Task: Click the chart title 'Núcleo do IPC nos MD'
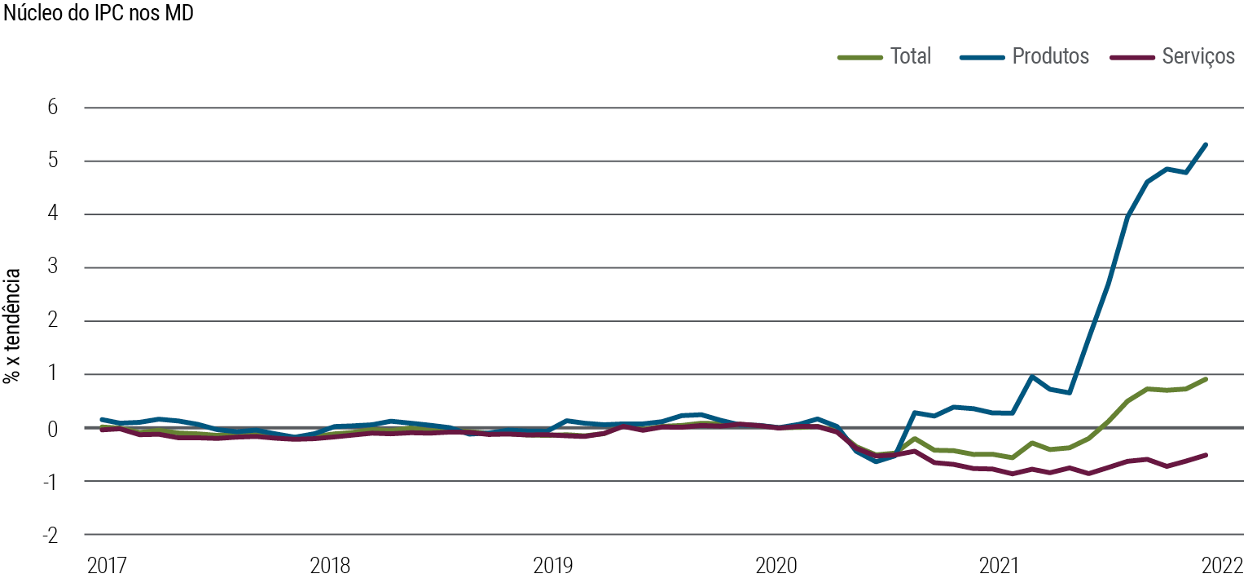click(x=99, y=14)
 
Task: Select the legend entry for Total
click(x=910, y=56)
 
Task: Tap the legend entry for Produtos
click(x=1050, y=56)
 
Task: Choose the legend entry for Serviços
click(x=1198, y=56)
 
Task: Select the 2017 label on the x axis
click(x=107, y=566)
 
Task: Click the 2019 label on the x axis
click(x=553, y=566)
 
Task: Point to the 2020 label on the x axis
click(x=776, y=566)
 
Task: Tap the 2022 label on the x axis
click(x=1223, y=566)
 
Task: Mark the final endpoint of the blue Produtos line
click(x=1206, y=144)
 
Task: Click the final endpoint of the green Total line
click(x=1206, y=379)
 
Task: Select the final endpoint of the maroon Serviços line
click(x=1206, y=455)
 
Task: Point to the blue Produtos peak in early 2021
click(x=1031, y=377)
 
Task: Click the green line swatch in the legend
click(x=860, y=57)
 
